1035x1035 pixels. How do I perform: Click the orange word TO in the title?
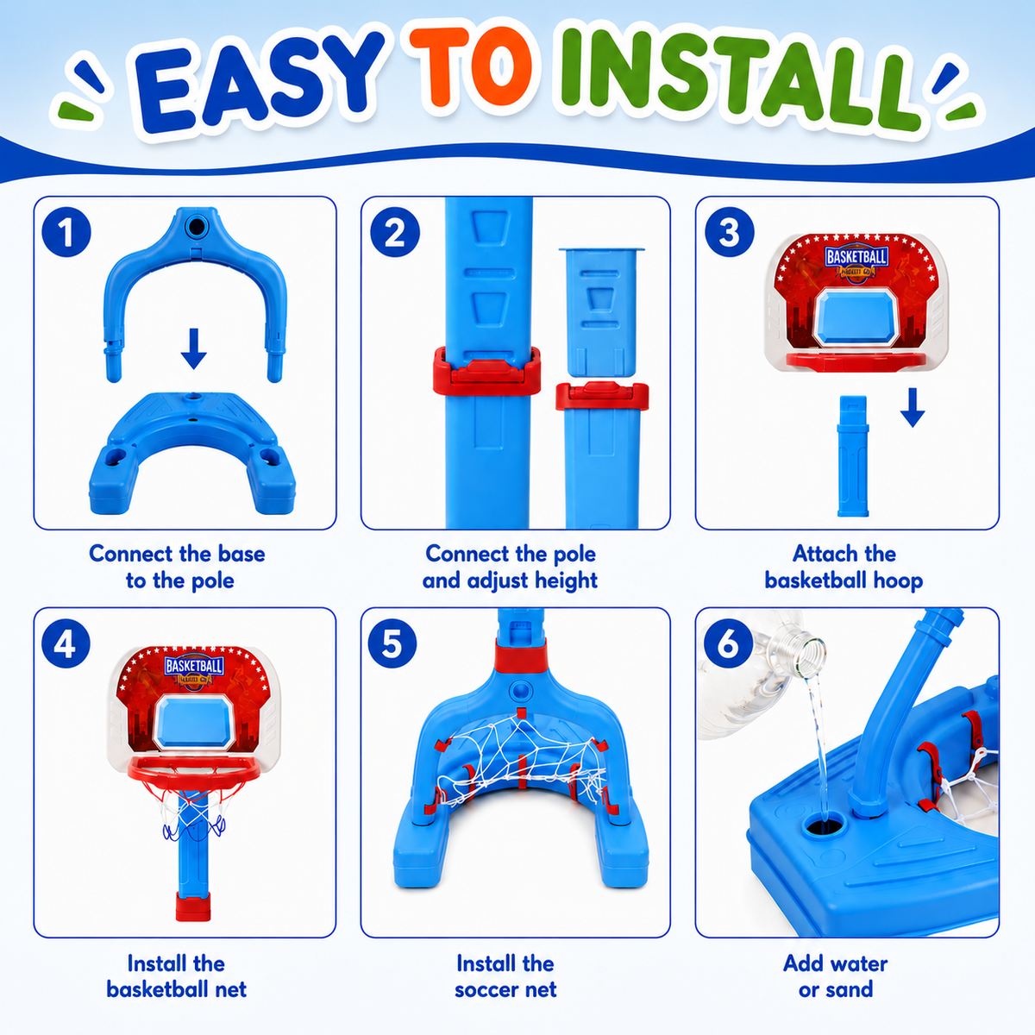coord(471,66)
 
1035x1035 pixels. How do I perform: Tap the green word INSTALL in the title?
coord(738,78)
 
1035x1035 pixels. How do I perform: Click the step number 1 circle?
coord(66,232)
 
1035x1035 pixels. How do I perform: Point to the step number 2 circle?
coord(395,232)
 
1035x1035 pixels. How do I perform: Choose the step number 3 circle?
coord(730,232)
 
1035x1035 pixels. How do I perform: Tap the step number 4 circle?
coord(66,643)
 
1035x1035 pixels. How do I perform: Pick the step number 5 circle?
coord(392,643)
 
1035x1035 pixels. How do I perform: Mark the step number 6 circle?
coord(728,643)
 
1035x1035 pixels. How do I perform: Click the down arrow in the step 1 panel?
coord(194,348)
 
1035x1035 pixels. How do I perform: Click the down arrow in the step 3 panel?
coord(913,408)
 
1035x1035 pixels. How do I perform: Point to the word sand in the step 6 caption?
coord(848,989)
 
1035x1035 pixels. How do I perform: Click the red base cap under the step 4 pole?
coord(193,906)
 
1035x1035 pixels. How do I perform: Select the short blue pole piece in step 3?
coord(853,456)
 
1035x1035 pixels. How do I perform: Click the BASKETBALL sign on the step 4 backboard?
coord(194,666)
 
